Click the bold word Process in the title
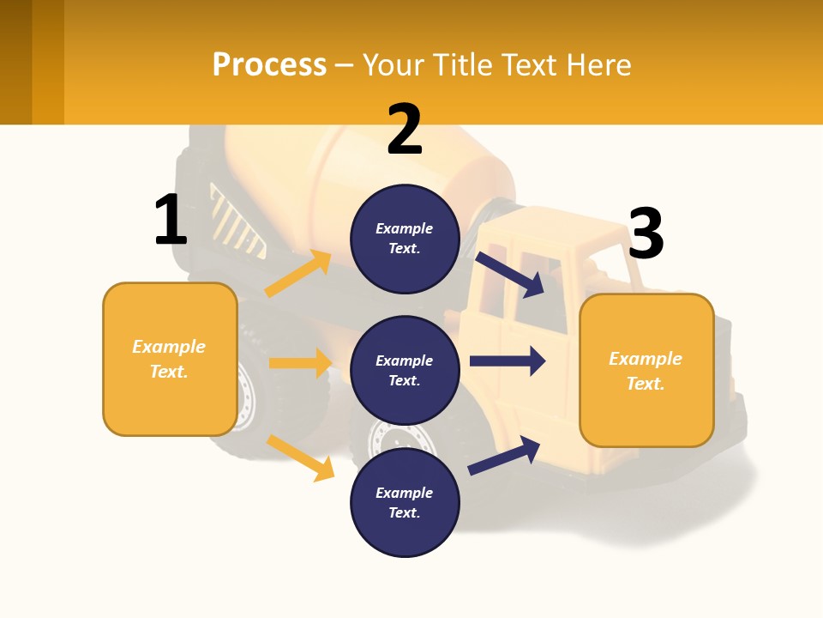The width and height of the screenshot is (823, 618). click(269, 64)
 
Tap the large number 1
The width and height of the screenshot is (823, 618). click(171, 220)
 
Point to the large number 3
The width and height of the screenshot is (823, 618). click(646, 233)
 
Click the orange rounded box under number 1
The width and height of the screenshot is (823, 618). click(170, 359)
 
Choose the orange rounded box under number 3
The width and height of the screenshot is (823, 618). click(646, 370)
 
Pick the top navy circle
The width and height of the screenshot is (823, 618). click(405, 239)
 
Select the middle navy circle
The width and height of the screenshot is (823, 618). click(405, 370)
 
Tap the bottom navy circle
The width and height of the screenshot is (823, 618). click(405, 502)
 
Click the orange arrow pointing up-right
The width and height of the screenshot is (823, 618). click(298, 274)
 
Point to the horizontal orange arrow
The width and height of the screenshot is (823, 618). click(300, 363)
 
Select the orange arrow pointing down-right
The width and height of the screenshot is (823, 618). click(301, 457)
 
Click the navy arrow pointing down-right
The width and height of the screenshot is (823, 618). click(511, 274)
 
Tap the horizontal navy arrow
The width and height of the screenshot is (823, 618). click(508, 360)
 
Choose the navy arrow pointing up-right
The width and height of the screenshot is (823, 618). click(504, 455)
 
